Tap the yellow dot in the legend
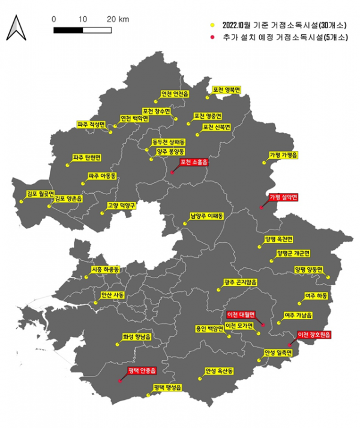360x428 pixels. (x=212, y=26)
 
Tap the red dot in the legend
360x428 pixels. (x=212, y=37)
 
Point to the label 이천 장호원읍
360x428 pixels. (x=314, y=335)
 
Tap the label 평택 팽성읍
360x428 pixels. (x=167, y=387)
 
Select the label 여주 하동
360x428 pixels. (x=317, y=296)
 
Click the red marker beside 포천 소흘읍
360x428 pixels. (x=172, y=173)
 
